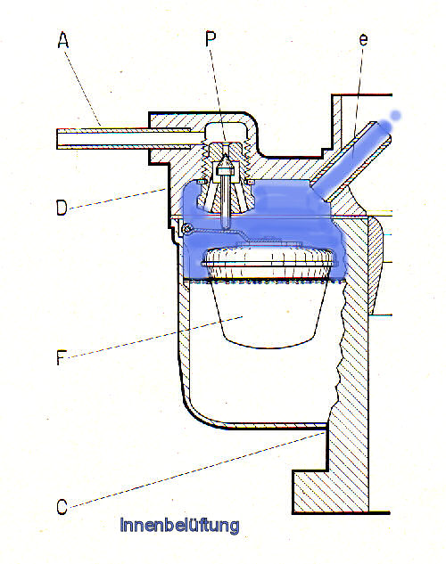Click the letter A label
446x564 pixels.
pos(62,39)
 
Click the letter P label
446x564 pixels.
pos(211,38)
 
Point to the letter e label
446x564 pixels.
pos(364,39)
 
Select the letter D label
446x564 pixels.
pos(62,208)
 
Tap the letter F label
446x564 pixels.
pos(62,357)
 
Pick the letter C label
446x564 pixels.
pos(62,506)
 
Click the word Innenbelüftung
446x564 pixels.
pos(179,525)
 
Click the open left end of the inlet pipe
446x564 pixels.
pos(58,138)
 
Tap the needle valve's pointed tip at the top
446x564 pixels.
pos(226,155)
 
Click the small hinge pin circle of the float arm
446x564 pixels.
pos(186,228)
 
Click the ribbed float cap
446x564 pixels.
pos(268,262)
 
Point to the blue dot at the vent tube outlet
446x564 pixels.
pos(396,115)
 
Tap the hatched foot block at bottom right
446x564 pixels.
pos(329,491)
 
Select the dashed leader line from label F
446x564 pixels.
pos(155,337)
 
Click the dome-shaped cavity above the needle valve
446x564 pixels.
pos(226,131)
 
